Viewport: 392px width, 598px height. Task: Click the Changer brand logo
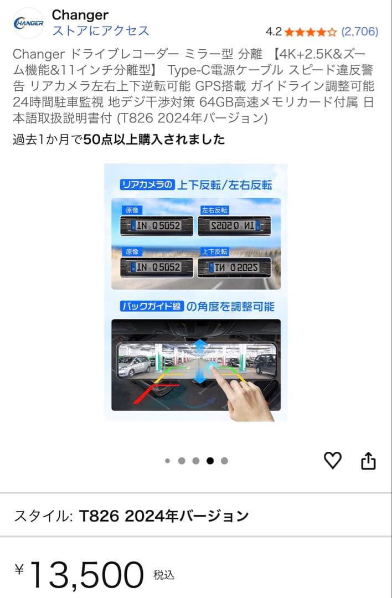coord(28,23)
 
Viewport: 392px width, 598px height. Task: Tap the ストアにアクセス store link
coord(100,30)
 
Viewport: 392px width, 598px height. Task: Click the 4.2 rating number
coord(274,32)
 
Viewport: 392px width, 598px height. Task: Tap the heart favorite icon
coord(332,460)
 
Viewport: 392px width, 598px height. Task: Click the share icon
coord(368,461)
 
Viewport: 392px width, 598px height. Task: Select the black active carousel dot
coord(210,461)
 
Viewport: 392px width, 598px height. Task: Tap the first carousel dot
coord(167,461)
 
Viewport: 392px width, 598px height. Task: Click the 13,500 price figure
coord(86,575)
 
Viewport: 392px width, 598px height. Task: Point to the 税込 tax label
coord(164,575)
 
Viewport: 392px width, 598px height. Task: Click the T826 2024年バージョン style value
coord(164,516)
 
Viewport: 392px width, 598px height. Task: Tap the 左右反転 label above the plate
coord(214,210)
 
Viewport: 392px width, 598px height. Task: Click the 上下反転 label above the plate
coord(214,252)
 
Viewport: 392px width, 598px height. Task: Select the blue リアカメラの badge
coord(147,185)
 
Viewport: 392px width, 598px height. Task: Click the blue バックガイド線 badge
coord(151,306)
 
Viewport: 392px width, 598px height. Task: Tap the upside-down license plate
coord(234,268)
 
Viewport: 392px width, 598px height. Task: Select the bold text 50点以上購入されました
coord(154,140)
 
